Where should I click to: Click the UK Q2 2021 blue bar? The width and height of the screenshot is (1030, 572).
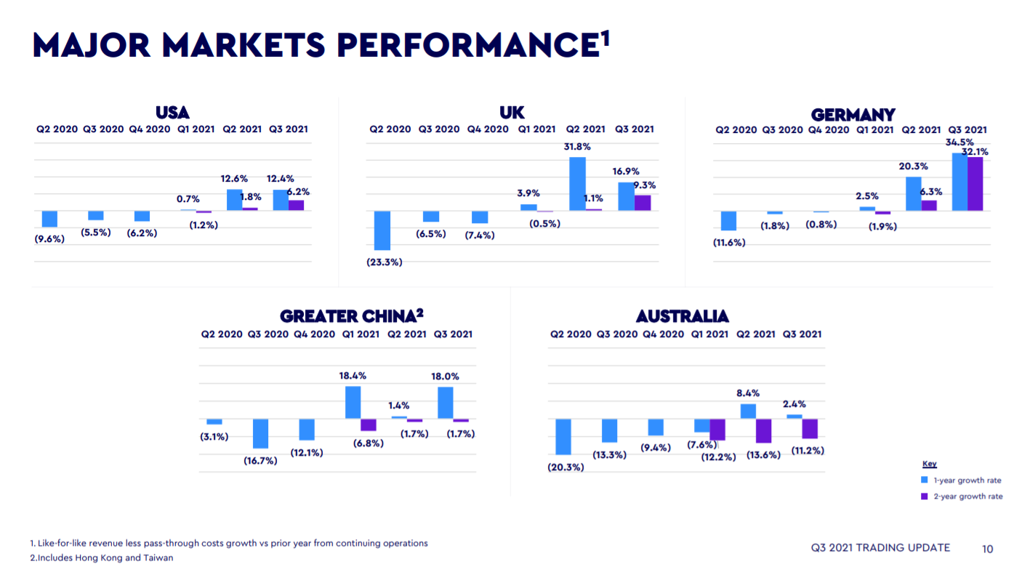click(577, 184)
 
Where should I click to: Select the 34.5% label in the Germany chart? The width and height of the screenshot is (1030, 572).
click(959, 142)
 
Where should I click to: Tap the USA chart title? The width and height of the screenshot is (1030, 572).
click(172, 113)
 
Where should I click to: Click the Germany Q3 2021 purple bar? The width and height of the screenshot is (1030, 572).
click(975, 184)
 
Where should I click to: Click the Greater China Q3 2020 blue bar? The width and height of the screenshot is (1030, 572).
click(260, 433)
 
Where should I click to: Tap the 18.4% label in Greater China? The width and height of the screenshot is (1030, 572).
click(353, 376)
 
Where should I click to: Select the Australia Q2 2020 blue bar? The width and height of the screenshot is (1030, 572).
click(563, 436)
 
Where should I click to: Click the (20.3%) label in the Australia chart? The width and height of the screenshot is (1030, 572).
click(566, 467)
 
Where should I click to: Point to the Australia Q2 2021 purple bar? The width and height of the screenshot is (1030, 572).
click(763, 431)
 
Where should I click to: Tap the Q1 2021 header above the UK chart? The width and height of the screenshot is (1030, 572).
click(536, 129)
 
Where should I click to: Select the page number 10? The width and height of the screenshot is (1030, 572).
click(987, 549)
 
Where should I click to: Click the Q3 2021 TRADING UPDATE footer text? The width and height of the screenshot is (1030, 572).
click(880, 548)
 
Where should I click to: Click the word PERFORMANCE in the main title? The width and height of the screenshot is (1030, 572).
click(469, 45)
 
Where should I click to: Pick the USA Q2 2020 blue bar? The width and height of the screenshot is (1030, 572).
click(49, 219)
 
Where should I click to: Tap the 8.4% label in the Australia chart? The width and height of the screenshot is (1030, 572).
click(748, 393)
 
